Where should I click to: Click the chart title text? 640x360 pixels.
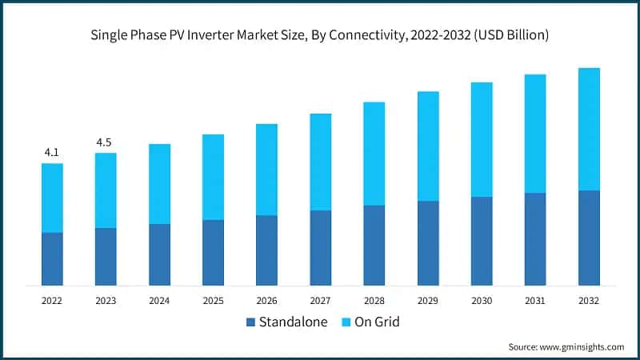319,36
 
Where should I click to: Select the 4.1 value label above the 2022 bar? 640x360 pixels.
52,152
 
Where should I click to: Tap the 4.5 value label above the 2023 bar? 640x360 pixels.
105,142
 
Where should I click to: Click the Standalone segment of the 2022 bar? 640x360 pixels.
52,258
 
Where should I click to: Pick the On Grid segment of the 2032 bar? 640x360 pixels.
589,129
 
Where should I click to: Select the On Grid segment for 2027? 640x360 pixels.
320,162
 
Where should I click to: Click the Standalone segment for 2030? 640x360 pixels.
482,241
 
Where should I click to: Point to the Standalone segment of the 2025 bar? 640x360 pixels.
213,252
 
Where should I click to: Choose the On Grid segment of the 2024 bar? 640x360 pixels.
159,184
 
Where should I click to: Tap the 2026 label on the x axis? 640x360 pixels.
266,301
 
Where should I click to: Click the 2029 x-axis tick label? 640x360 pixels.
428,301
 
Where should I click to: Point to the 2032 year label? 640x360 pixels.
589,301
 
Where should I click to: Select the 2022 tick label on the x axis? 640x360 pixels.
52,301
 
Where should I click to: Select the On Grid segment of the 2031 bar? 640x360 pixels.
535,134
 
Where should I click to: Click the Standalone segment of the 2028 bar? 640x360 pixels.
374,245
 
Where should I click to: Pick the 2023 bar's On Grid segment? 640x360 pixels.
106,190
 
